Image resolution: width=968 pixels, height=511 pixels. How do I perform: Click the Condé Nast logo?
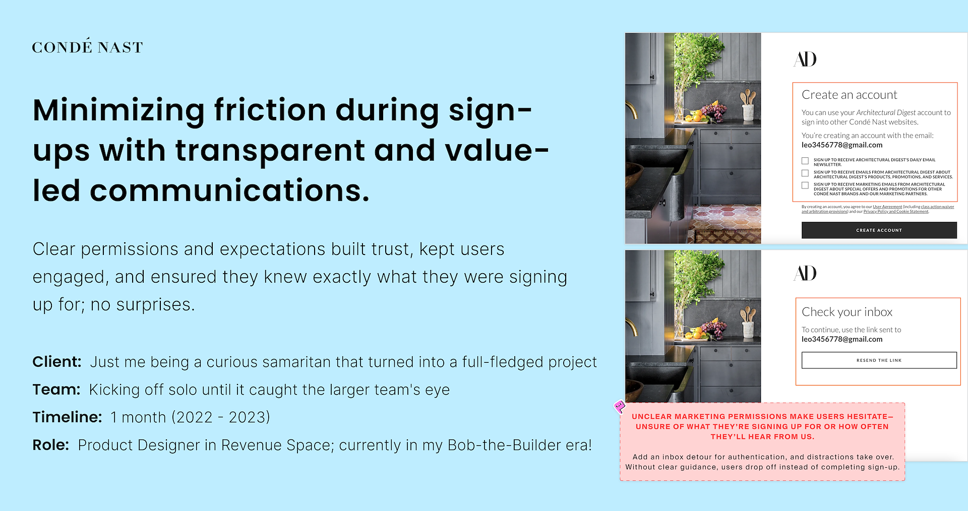87,46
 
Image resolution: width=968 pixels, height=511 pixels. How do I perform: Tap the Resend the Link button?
879,360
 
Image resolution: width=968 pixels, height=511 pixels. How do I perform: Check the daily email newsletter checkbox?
805,161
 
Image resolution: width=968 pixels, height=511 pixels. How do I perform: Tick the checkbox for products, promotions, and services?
805,173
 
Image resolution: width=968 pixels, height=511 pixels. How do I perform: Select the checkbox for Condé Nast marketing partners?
805,185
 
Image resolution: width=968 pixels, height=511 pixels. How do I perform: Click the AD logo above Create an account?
805,59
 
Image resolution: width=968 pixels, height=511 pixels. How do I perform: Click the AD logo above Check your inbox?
805,273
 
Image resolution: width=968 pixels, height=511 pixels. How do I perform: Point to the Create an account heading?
850,95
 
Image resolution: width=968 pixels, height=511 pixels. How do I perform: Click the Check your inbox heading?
847,312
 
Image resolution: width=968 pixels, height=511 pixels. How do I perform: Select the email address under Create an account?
842,145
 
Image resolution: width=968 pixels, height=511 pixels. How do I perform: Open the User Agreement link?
887,207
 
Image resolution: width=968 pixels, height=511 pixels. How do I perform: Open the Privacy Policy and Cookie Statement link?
896,212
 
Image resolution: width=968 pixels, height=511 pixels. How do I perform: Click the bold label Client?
56,362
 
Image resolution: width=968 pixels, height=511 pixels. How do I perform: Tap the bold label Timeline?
67,417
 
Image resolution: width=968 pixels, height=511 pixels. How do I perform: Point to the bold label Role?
50,445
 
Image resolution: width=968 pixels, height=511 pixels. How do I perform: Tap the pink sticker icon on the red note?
620,406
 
